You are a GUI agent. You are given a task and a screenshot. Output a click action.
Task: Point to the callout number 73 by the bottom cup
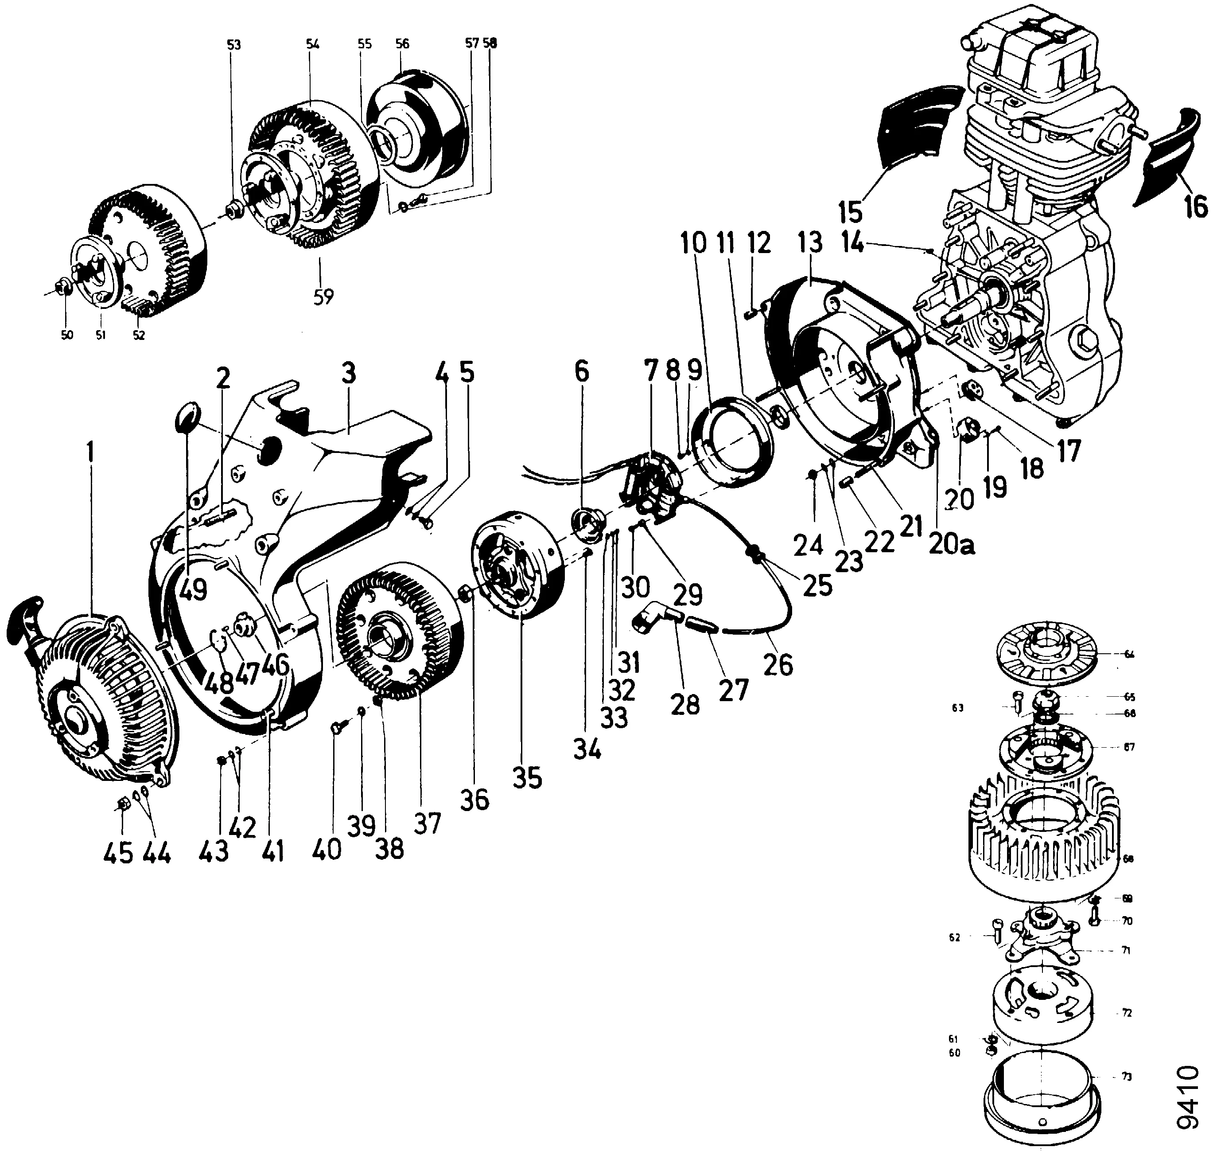click(1127, 1077)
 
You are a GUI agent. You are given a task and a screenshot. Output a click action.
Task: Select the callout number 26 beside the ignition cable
click(778, 664)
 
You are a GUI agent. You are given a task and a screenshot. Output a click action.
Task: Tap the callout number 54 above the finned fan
click(312, 44)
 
